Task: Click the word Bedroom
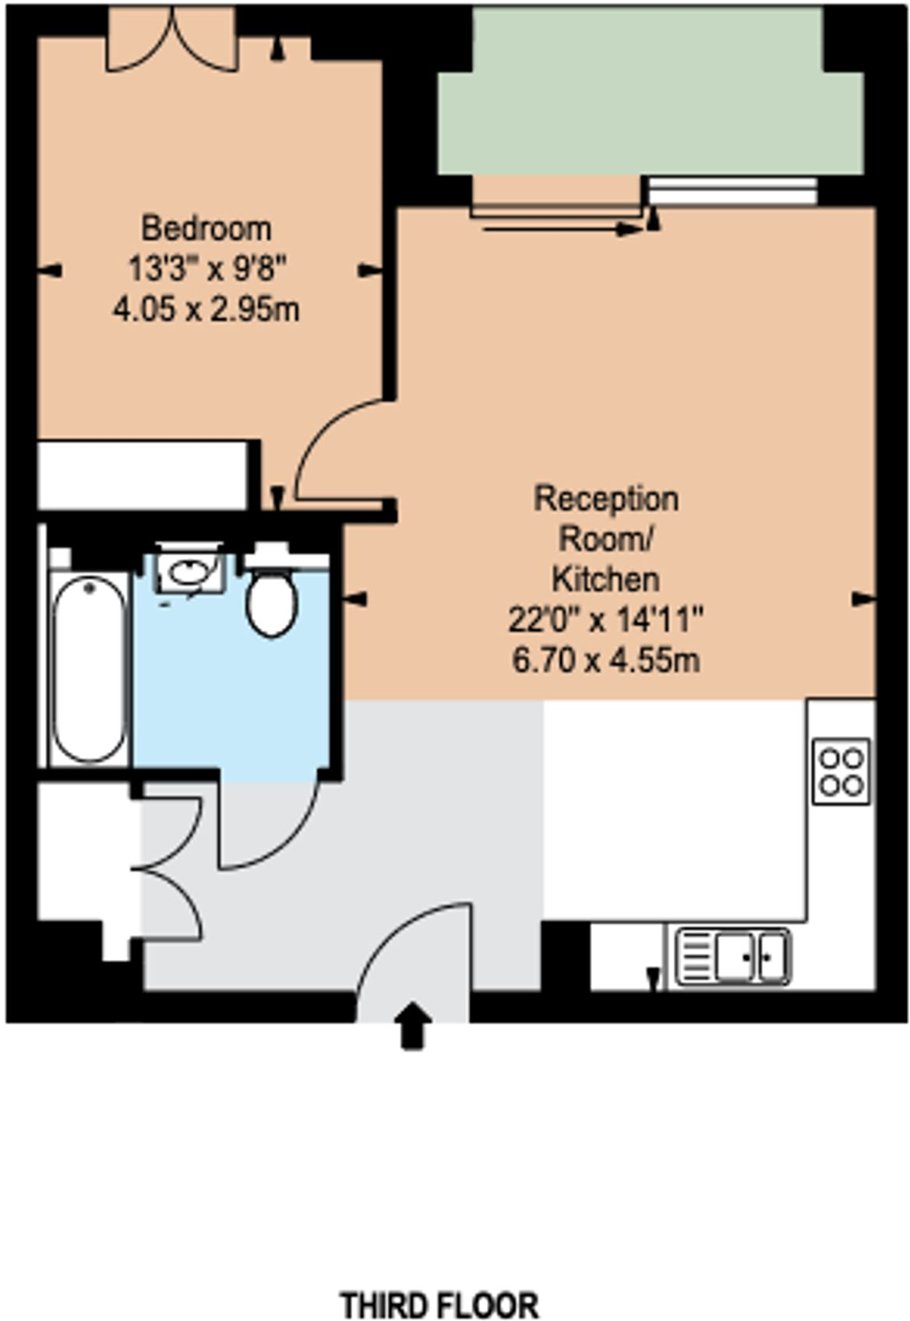206,228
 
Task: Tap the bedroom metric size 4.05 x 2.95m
206,311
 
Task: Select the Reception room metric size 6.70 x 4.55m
605,661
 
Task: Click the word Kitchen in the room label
605,579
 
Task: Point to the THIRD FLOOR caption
440,1305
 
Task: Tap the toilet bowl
271,603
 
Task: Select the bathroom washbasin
190,573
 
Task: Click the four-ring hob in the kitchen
841,770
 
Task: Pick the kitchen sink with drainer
732,955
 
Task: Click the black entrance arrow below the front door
412,1025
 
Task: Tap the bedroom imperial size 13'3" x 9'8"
206,269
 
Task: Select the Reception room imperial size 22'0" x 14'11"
605,620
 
